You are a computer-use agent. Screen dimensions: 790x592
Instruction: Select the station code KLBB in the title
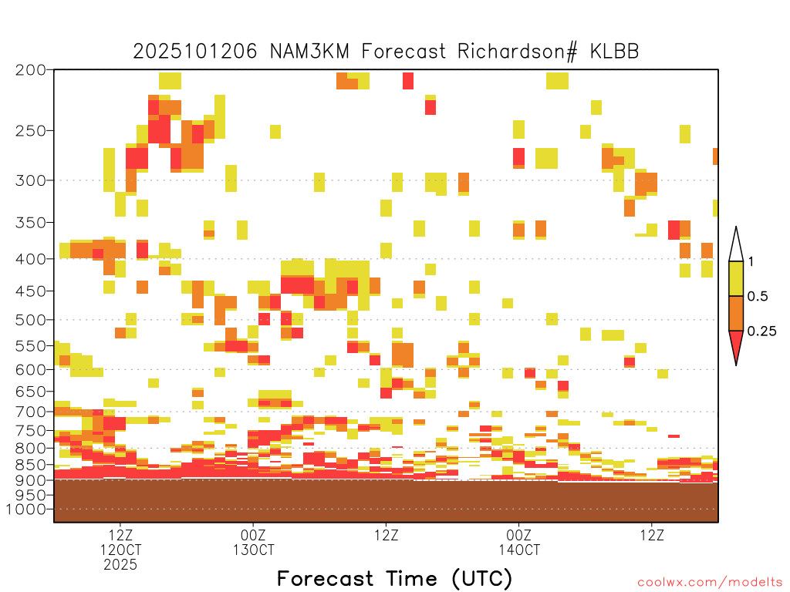[614, 52]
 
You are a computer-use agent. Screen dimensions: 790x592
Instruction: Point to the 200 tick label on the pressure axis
[31, 70]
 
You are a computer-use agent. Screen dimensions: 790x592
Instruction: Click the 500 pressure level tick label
[31, 320]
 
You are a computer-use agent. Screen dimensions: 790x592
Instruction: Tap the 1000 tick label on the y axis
[26, 510]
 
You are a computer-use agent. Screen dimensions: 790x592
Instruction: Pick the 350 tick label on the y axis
[31, 223]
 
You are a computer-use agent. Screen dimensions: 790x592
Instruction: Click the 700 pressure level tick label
[31, 412]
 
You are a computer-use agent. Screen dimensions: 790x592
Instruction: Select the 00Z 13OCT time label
[253, 542]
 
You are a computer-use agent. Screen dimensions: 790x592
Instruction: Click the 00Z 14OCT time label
[519, 542]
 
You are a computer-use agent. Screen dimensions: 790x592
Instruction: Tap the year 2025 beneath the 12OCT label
[120, 565]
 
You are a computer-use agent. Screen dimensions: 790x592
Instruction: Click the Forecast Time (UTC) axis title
[394, 579]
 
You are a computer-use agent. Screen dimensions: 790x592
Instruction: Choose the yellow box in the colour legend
[736, 278]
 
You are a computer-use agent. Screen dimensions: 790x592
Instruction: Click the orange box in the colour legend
[736, 313]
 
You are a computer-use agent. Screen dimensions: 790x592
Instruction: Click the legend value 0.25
[761, 331]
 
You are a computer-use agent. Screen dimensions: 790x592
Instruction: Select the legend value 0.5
[758, 297]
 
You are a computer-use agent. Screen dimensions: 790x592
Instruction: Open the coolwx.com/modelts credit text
[711, 583]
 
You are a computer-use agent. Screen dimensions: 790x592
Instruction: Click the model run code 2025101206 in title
[195, 52]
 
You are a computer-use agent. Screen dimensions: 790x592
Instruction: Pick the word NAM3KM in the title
[310, 52]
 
